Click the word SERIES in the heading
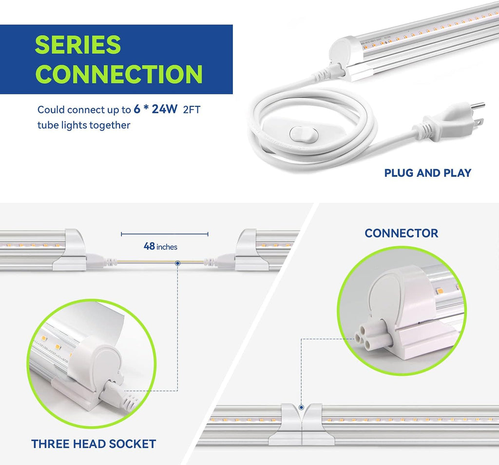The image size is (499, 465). click(77, 44)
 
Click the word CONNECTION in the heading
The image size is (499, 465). click(119, 74)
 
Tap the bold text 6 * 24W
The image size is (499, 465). click(155, 109)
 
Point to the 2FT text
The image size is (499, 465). click(192, 110)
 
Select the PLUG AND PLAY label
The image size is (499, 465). click(428, 173)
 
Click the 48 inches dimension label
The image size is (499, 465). click(160, 246)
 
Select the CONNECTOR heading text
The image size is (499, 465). click(402, 233)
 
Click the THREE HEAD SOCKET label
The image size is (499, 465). click(94, 444)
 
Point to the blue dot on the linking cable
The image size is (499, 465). click(178, 263)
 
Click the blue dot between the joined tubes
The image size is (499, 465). click(301, 407)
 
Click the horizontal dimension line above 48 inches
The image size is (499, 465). click(165, 234)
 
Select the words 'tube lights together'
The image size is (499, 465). click(84, 125)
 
